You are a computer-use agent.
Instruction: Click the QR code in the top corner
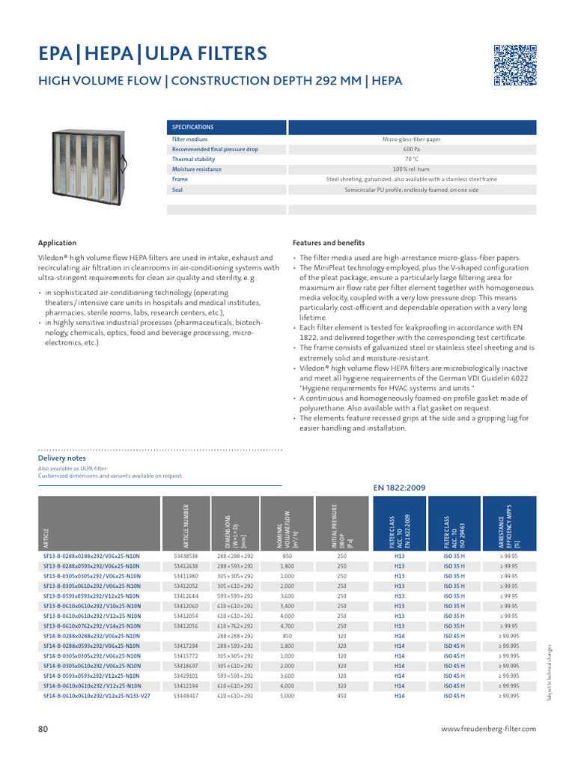click(515, 66)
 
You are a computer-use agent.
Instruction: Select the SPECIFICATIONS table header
click(193, 127)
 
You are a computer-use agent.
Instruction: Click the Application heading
click(57, 243)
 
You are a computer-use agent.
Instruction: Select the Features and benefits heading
click(328, 243)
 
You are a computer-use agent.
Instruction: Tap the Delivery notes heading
click(61, 458)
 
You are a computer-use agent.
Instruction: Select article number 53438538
click(186, 557)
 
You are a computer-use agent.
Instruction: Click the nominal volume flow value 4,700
click(287, 625)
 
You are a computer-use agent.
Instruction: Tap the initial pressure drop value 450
click(341, 695)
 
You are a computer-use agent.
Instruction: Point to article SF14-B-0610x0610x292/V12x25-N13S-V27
click(97, 695)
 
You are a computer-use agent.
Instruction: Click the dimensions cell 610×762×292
click(236, 625)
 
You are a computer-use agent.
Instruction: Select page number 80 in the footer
click(43, 728)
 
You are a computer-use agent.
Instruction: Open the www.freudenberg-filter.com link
click(489, 728)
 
